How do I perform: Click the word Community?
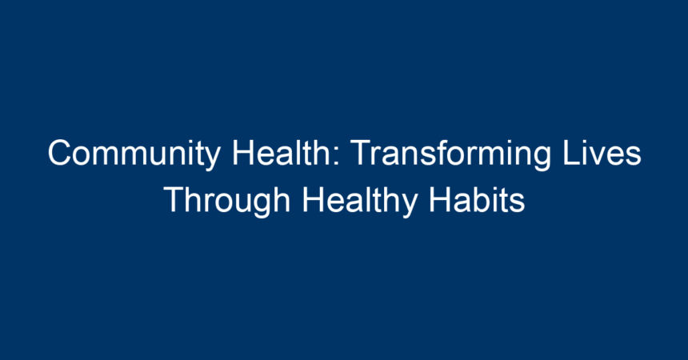[134, 154]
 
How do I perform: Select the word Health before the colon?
[282, 152]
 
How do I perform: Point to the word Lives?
[602, 152]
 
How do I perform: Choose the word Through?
[227, 201]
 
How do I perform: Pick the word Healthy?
[360, 201]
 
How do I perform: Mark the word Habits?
[477, 200]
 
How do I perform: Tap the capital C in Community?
[59, 152]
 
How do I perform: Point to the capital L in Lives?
[572, 152]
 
